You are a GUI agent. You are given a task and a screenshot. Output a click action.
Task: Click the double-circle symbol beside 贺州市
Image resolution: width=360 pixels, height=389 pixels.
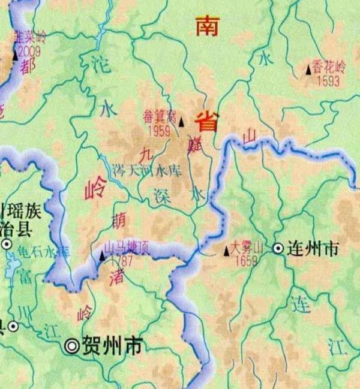point(73,345)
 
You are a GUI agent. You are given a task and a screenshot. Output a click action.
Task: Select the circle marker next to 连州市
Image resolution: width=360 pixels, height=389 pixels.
point(278,248)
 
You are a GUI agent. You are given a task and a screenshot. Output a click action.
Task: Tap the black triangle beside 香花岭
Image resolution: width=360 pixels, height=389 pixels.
point(309,70)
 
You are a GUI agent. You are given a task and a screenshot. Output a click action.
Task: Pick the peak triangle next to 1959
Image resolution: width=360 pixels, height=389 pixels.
point(181,122)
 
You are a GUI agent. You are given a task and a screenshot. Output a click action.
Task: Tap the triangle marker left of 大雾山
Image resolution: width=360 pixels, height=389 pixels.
point(226,252)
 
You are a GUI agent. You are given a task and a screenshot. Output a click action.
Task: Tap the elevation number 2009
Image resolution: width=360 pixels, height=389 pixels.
point(29,52)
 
